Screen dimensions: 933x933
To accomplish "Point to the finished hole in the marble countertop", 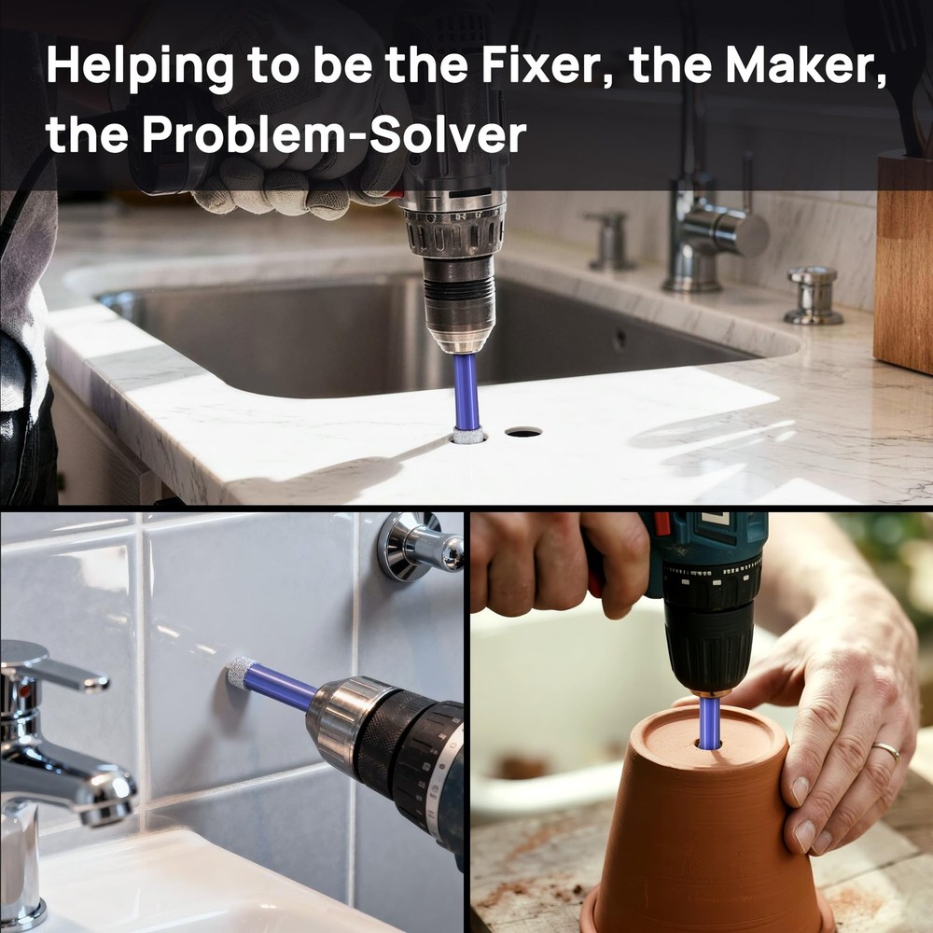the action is coord(523,431).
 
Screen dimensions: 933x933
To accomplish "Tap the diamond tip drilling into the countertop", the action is coord(467,436).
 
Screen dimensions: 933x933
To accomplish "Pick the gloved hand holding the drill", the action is coord(298,178).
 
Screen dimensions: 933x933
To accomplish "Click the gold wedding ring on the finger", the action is coord(886,751).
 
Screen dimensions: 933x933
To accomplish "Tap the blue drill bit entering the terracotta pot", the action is coord(709,722).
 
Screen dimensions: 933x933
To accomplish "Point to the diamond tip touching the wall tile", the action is coord(242,673).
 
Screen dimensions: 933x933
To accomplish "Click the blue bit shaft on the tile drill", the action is coord(281,687).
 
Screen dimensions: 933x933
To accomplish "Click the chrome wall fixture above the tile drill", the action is coord(420,546).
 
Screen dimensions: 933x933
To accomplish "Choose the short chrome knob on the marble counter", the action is coord(814,295).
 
